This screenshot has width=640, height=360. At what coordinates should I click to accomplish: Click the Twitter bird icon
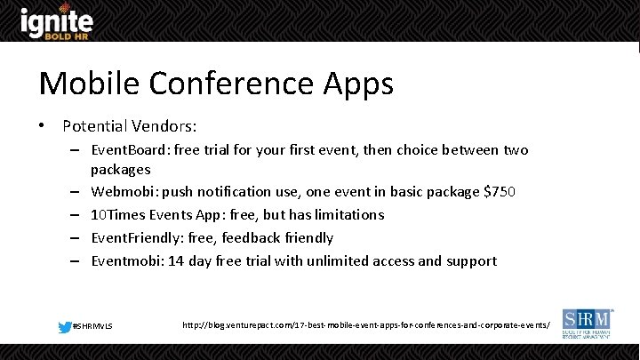tap(65, 327)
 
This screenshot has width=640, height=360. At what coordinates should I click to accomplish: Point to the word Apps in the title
tap(353, 84)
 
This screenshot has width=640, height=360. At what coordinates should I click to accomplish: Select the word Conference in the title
tap(226, 84)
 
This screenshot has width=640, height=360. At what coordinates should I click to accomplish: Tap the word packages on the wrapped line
tap(120, 169)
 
